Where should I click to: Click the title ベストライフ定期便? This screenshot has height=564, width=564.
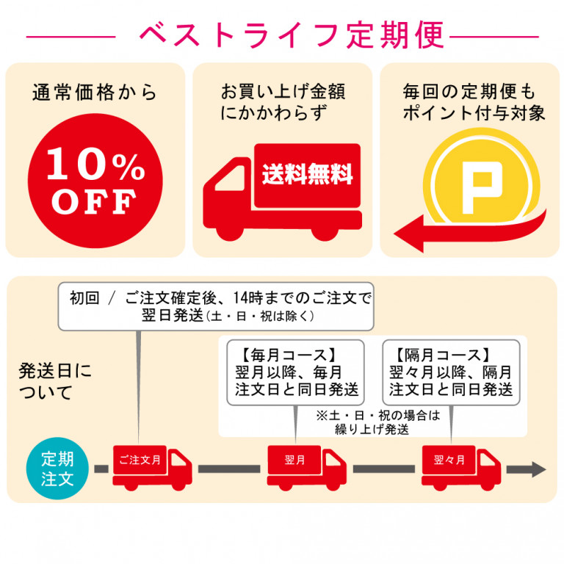[x=292, y=35]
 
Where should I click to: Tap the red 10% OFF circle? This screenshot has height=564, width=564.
[x=95, y=181]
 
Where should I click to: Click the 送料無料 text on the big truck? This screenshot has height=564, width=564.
[x=307, y=175]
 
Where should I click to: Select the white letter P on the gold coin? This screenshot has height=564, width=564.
[x=482, y=187]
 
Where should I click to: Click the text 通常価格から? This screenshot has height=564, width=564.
[x=95, y=93]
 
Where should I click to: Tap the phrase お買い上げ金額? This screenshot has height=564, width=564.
[x=283, y=91]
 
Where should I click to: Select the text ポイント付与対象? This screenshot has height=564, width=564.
[x=474, y=113]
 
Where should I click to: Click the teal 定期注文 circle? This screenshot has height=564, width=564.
[x=57, y=469]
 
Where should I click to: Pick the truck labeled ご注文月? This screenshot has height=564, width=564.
[x=152, y=468]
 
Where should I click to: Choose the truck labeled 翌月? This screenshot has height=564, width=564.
[x=307, y=468]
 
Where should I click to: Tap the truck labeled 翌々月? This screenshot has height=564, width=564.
[x=461, y=468]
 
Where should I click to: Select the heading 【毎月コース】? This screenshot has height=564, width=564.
[x=288, y=355]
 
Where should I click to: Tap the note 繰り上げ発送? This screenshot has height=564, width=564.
[x=372, y=430]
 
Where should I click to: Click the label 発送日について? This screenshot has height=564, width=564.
[x=55, y=382]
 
